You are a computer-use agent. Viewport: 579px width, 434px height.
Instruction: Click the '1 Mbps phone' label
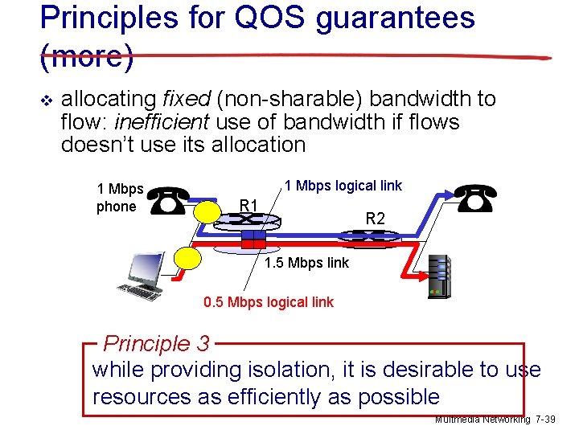pyautogui.click(x=120, y=198)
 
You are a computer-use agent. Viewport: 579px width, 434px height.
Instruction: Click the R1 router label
pyautogui.click(x=249, y=206)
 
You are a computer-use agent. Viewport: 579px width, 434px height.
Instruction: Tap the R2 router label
pyautogui.click(x=376, y=218)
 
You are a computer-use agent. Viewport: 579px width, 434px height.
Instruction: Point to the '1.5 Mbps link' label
pyautogui.click(x=307, y=263)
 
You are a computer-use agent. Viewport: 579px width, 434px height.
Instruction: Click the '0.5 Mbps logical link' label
pyautogui.click(x=269, y=302)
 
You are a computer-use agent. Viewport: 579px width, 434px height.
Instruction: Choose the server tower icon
pyautogui.click(x=438, y=275)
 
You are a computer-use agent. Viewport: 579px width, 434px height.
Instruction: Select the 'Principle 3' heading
pyautogui.click(x=157, y=344)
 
